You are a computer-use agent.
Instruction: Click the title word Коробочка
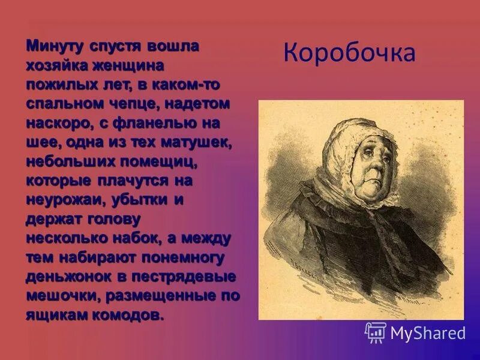pos(349,53)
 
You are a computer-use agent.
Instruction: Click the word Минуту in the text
pos(56,46)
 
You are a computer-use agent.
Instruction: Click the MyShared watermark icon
pos(376,332)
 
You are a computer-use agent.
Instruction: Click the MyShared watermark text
pos(428,332)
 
